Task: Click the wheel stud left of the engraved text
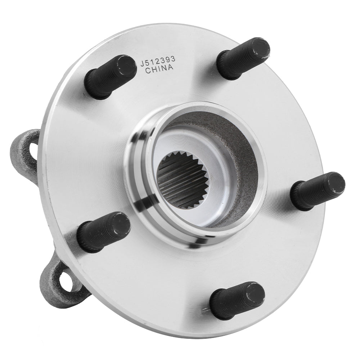pyautogui.click(x=110, y=77)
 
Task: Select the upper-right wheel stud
pyautogui.click(x=243, y=58)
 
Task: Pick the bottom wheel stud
pyautogui.click(x=237, y=300)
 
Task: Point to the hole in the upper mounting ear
pyautogui.click(x=33, y=148)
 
